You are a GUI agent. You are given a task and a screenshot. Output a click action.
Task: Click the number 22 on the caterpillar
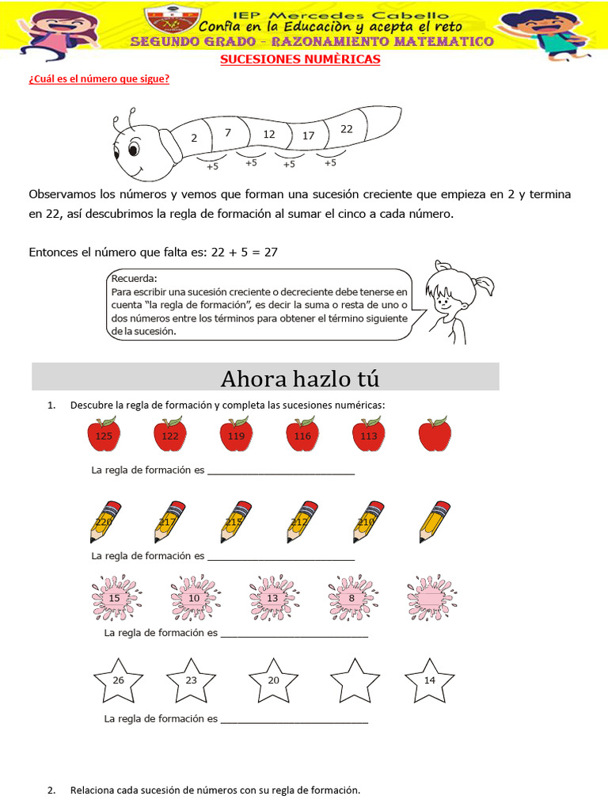coord(347,129)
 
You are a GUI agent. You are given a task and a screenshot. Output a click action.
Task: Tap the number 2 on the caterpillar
coord(194,138)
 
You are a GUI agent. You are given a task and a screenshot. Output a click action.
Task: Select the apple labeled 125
coord(103,436)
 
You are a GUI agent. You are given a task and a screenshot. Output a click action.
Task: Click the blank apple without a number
coord(435,435)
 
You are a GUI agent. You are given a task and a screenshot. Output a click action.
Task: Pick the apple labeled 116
coord(302,436)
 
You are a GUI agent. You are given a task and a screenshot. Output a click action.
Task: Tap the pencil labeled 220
coord(104,522)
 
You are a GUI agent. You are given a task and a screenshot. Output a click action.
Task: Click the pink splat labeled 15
coord(115,598)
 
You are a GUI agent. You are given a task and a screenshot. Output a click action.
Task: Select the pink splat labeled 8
coord(351,598)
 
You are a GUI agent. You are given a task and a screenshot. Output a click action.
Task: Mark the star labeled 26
coord(118,681)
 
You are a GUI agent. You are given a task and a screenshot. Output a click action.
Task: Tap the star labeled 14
coord(429,681)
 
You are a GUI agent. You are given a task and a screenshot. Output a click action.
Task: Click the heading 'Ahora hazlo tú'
coord(300,379)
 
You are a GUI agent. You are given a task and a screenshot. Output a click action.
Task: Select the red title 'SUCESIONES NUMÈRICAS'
coord(299,59)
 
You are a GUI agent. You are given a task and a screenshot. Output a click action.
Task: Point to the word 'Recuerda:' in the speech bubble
coord(135,279)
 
